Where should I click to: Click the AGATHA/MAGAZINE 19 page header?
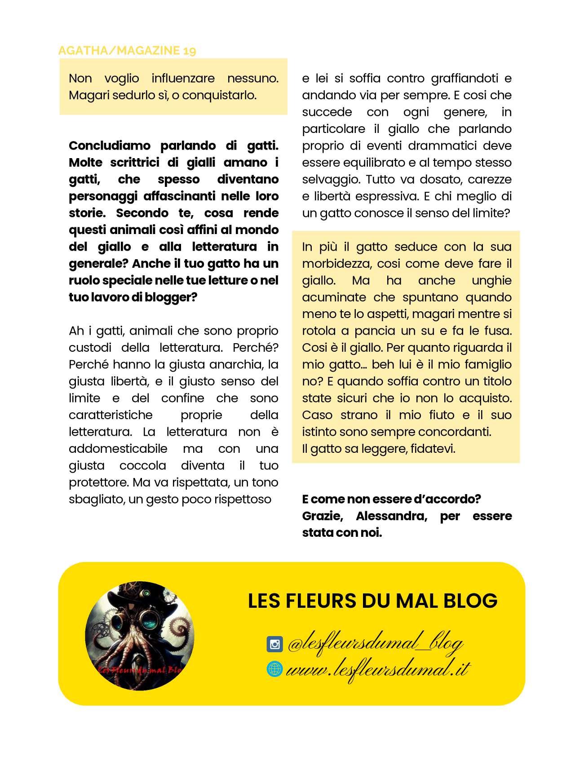point(127,50)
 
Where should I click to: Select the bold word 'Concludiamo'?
point(111,146)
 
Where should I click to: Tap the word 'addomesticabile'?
point(118,449)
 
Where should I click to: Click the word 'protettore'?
point(98,482)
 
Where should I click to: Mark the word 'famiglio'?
point(488,365)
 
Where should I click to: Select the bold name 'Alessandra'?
point(391,516)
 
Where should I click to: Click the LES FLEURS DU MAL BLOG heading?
point(372,601)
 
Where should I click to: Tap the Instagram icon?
point(274,644)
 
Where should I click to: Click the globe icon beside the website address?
point(274,669)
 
